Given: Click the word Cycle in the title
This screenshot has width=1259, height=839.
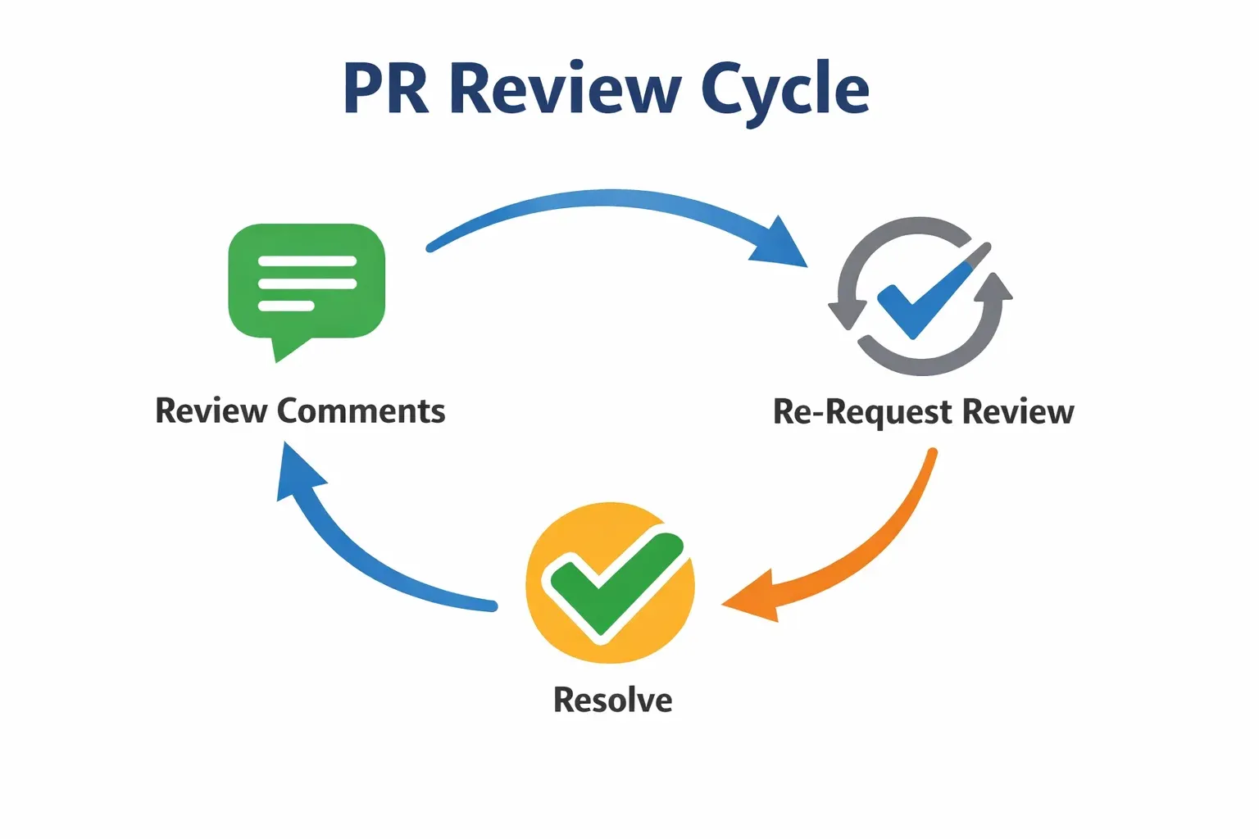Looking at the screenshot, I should [x=784, y=90].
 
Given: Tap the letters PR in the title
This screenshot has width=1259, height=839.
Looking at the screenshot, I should [x=386, y=88].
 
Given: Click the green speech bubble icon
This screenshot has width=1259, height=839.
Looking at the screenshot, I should [x=307, y=281].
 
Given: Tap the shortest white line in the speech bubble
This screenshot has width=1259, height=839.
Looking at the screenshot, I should [x=286, y=306].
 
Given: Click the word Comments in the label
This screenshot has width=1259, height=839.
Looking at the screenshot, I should [x=361, y=411].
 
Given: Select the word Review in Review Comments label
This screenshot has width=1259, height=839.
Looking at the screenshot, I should [x=211, y=411].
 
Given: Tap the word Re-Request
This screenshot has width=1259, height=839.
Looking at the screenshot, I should [x=862, y=412].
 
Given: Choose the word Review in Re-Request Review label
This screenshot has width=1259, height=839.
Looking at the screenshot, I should [x=1017, y=412].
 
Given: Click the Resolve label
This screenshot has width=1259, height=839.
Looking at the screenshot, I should [x=612, y=701].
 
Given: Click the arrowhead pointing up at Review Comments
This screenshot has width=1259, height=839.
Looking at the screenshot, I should [x=295, y=472].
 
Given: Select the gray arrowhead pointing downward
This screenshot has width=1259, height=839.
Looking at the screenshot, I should [x=847, y=315].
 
